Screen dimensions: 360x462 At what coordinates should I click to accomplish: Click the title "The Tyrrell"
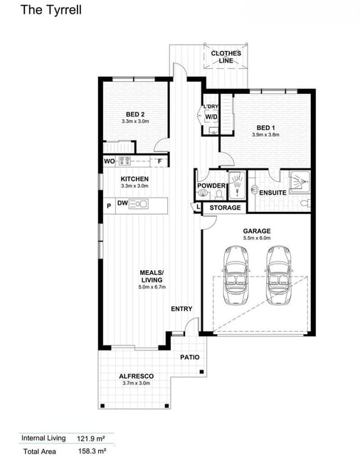(51, 10)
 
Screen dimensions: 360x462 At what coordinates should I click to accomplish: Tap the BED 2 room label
(135, 114)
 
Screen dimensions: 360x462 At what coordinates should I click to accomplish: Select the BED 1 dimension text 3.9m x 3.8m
(265, 134)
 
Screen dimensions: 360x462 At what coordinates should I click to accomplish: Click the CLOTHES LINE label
(226, 57)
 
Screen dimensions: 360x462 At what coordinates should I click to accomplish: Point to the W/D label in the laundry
(211, 117)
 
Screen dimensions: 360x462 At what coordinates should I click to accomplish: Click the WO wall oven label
(110, 161)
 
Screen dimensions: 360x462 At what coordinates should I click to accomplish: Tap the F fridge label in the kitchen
(160, 161)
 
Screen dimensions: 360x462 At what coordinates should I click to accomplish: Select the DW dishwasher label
(122, 203)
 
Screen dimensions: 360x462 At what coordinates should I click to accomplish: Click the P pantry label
(109, 206)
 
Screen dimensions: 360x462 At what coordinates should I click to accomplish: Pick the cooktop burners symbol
(125, 161)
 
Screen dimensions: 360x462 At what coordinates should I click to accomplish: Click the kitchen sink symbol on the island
(138, 203)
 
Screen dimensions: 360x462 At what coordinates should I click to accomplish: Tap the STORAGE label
(225, 208)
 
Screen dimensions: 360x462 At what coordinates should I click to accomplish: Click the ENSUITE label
(272, 193)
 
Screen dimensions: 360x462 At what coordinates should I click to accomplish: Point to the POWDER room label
(211, 186)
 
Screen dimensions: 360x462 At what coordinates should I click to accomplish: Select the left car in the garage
(236, 274)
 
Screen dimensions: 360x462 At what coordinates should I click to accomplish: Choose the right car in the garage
(279, 274)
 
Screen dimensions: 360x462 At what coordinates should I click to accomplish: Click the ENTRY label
(181, 308)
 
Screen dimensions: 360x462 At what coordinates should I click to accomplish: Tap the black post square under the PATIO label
(201, 372)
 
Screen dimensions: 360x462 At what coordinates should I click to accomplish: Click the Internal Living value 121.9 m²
(91, 439)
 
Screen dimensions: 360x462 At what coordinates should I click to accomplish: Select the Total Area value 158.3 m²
(92, 451)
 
